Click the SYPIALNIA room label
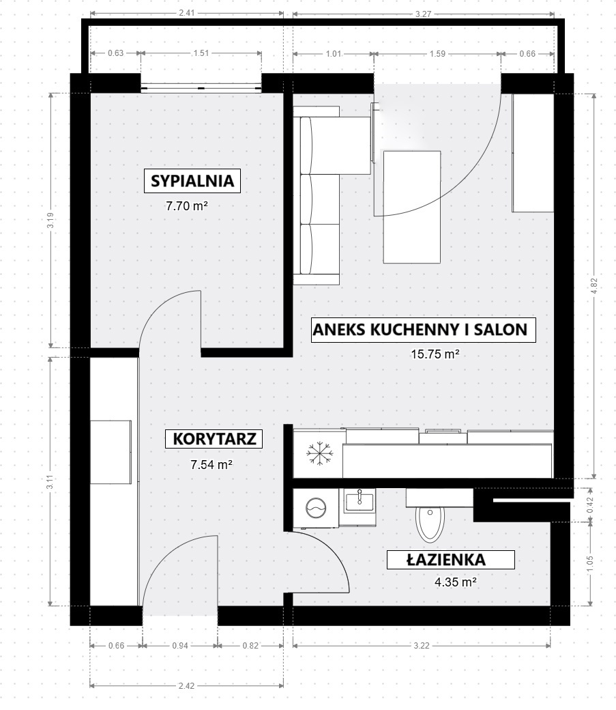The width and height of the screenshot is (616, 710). pos(192,181)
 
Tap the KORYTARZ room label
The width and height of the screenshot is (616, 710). pos(214,439)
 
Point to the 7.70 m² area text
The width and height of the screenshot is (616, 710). pos(186,206)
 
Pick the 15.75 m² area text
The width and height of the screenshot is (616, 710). pos(435,354)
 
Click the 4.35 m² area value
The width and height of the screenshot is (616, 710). pos(455,582)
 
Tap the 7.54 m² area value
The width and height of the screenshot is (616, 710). pos(211,465)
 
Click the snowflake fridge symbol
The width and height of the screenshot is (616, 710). pos(319,453)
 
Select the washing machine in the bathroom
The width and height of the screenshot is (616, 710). pos(316,509)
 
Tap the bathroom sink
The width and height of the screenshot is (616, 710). pos(360,502)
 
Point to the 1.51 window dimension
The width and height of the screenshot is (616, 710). pos(201,53)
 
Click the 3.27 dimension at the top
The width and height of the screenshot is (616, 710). pos(423,14)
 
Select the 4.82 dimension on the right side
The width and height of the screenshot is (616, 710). pos(594,285)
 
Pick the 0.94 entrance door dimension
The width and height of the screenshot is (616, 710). pos(180,645)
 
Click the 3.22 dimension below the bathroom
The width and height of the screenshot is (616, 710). pos(422,645)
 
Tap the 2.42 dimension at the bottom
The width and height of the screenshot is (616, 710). pos(186,685)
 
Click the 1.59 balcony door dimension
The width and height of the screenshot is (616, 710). pos(437,53)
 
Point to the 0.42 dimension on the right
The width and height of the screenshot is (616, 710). pos(590,505)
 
